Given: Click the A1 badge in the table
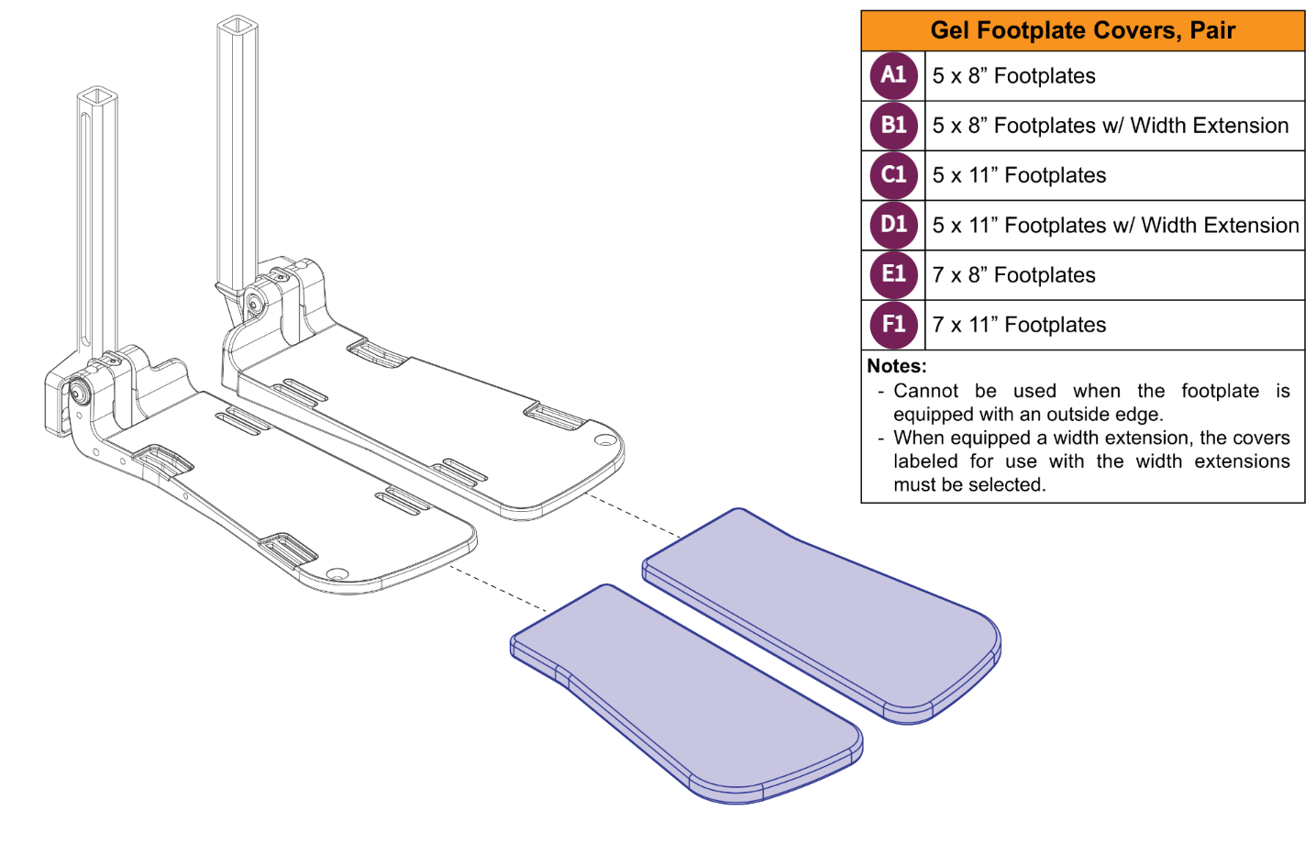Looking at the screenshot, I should point(893,75).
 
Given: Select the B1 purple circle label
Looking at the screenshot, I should point(893,126).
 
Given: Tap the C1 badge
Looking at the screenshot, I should point(893,175).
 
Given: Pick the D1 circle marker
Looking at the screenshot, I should point(893,225).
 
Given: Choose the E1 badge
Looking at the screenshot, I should point(893,274).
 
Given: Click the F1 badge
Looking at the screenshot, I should point(893,325).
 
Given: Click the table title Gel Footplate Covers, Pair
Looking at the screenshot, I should point(1082,30).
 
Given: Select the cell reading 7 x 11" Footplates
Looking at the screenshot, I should point(1019,325).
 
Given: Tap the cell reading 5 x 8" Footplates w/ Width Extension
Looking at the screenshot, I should point(1110,126).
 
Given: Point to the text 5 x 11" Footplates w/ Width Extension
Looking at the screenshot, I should point(1115,225).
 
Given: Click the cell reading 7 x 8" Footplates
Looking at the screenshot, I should point(1013,275).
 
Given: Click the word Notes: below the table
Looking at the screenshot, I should point(896,366).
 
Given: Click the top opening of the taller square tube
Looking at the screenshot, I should point(238,24).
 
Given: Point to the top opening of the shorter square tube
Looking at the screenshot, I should point(97,95).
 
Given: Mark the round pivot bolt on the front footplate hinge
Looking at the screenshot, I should point(78,393).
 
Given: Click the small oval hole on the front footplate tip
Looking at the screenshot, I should point(337,574).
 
